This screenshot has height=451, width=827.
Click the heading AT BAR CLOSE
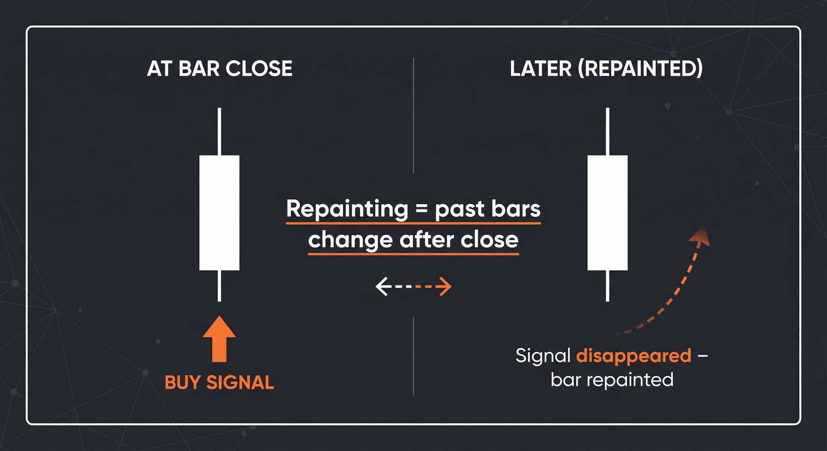pyautogui.click(x=220, y=68)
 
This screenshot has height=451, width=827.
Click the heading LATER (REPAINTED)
pyautogui.click(x=606, y=68)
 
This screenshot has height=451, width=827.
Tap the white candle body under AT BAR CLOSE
pyautogui.click(x=219, y=213)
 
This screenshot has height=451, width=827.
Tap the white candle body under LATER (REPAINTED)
pyautogui.click(x=607, y=213)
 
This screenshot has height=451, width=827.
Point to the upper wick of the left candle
pyautogui.click(x=219, y=131)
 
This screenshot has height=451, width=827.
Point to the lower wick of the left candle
pyautogui.click(x=219, y=286)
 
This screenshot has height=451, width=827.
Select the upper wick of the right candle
pyautogui.click(x=607, y=131)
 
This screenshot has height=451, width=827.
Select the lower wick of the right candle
pyautogui.click(x=607, y=286)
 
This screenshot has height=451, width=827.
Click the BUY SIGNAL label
pyautogui.click(x=219, y=383)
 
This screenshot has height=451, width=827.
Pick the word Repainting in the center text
pyautogui.click(x=347, y=209)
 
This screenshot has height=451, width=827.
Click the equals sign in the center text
pyautogui.click(x=422, y=209)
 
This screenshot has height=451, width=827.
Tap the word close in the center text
pyautogui.click(x=489, y=240)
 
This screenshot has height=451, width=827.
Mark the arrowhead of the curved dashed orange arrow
pyautogui.click(x=700, y=237)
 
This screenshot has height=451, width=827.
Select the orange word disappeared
pyautogui.click(x=634, y=356)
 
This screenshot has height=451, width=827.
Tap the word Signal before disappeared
pyautogui.click(x=543, y=356)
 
